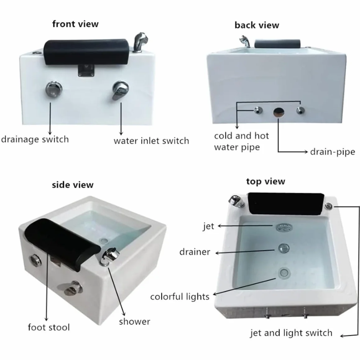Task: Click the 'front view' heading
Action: (x=75, y=24)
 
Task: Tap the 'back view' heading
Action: (x=257, y=25)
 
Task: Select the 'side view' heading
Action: (x=72, y=185)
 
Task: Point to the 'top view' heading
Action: (x=265, y=181)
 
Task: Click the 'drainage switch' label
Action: (x=35, y=139)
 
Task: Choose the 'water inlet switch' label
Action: (x=151, y=141)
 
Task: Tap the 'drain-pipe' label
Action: (x=332, y=152)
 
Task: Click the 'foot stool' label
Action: (x=49, y=327)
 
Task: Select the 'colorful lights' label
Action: (x=180, y=297)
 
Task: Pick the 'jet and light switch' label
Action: (x=291, y=333)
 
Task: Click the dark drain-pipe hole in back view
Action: (x=279, y=112)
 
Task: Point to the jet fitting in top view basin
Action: (x=284, y=228)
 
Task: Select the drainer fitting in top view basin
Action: (x=284, y=248)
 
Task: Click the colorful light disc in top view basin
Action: (x=284, y=273)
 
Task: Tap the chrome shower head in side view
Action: (x=110, y=256)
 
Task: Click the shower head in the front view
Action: (x=140, y=41)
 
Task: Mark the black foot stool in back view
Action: (x=277, y=44)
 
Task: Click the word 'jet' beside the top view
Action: (x=209, y=226)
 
